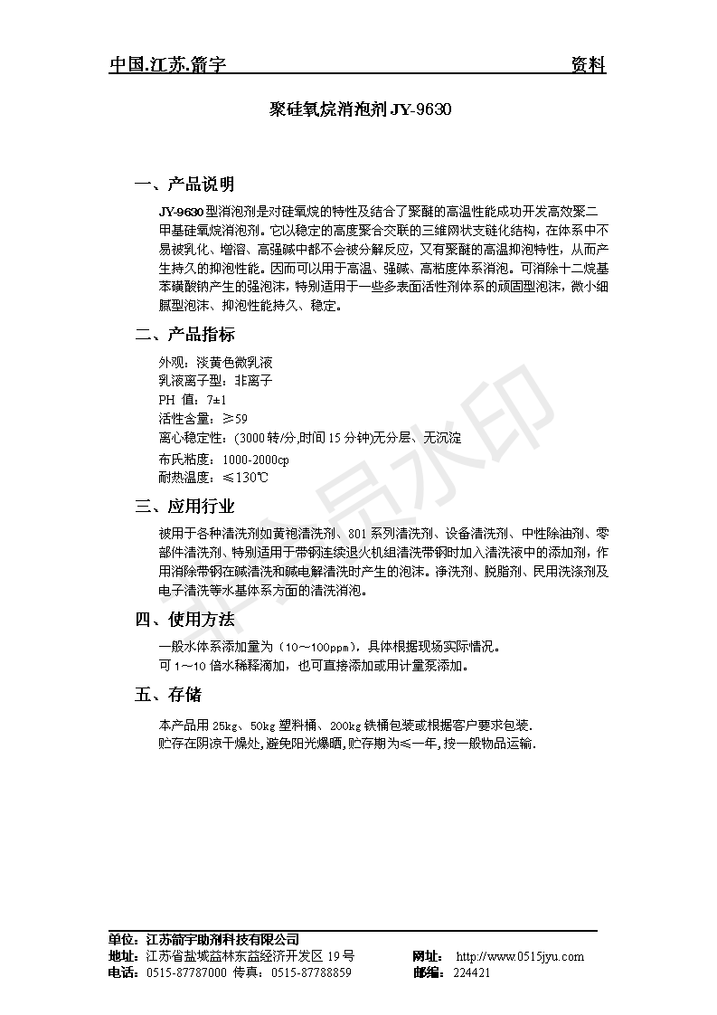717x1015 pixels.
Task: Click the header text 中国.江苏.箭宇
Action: pos(167,65)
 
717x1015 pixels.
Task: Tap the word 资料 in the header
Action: pos(589,65)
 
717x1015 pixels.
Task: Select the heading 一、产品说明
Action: pos(184,185)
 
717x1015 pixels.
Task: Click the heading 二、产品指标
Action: pos(184,335)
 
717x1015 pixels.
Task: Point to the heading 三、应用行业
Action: pos(184,506)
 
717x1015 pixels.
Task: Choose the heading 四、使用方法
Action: pos(184,620)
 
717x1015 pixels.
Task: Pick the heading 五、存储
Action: pos(168,695)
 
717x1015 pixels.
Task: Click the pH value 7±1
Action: pos(216,399)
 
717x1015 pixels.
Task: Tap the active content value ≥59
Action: pos(234,418)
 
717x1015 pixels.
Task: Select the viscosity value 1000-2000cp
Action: pos(250,459)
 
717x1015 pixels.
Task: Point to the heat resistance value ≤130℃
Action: pos(245,477)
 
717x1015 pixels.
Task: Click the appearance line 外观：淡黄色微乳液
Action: pos(214,361)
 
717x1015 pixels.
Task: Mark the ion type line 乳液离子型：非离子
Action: pos(214,380)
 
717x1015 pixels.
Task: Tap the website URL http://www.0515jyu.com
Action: pos(520,956)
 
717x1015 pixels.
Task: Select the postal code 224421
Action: pos(471,972)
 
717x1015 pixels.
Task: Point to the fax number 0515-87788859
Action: pos(312,972)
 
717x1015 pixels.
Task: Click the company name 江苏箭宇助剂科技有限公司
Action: pos(222,940)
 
